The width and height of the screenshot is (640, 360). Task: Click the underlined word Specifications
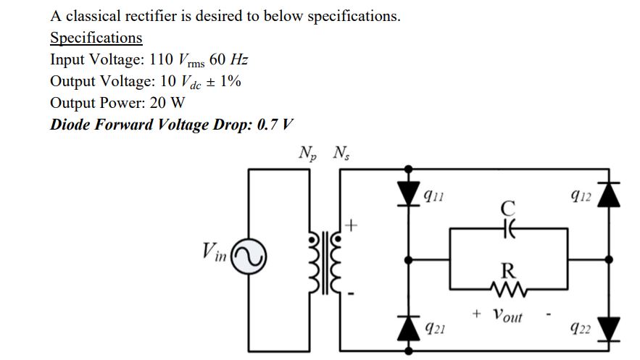click(x=96, y=38)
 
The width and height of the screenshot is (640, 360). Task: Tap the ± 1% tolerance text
click(x=223, y=81)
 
